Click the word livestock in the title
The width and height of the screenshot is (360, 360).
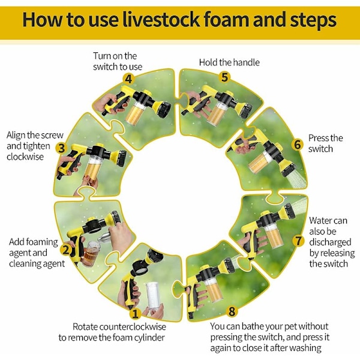(x=161, y=20)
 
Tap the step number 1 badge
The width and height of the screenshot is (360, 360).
(x=135, y=314)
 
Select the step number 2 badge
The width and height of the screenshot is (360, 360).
(x=66, y=250)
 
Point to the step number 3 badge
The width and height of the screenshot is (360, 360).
(x=61, y=148)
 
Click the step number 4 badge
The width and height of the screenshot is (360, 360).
(x=128, y=79)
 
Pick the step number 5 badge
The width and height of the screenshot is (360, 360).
(x=224, y=77)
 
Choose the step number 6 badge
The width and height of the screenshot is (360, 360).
(x=298, y=145)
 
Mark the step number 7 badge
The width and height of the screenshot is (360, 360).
(x=298, y=241)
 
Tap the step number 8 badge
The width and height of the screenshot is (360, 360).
(x=232, y=311)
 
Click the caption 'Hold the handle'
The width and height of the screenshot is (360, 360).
(x=229, y=62)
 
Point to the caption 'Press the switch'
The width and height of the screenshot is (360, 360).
(x=326, y=143)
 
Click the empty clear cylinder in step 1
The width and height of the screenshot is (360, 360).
(x=154, y=296)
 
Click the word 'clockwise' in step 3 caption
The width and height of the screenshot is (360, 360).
(x=25, y=157)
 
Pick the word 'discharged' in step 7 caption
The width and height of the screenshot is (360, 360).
(x=330, y=242)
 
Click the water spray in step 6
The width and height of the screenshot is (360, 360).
(x=297, y=179)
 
